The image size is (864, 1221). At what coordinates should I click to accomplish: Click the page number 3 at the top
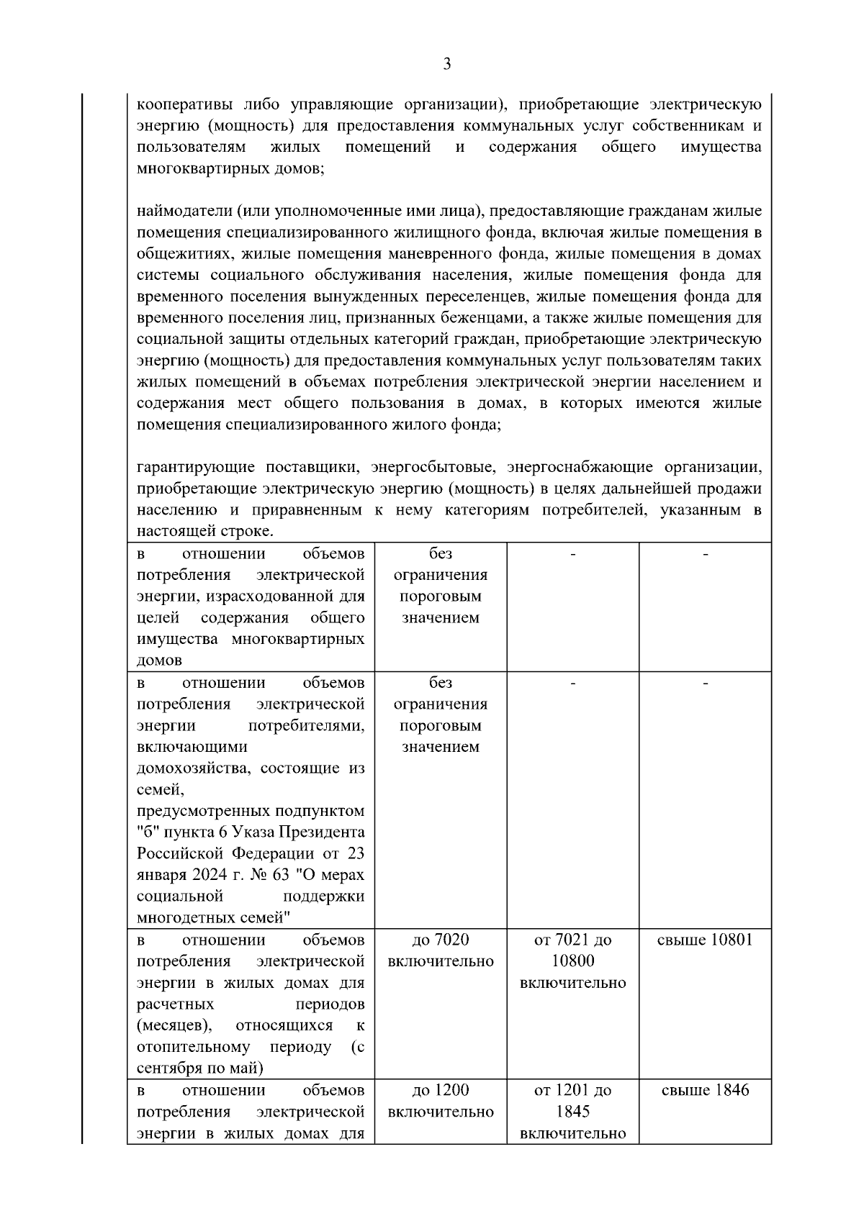pos(446,64)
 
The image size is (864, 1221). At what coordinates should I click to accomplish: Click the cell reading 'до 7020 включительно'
pos(441,950)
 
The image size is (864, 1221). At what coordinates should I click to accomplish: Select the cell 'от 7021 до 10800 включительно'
pos(572,961)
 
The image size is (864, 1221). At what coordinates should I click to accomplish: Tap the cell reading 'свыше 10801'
pos(705,940)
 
